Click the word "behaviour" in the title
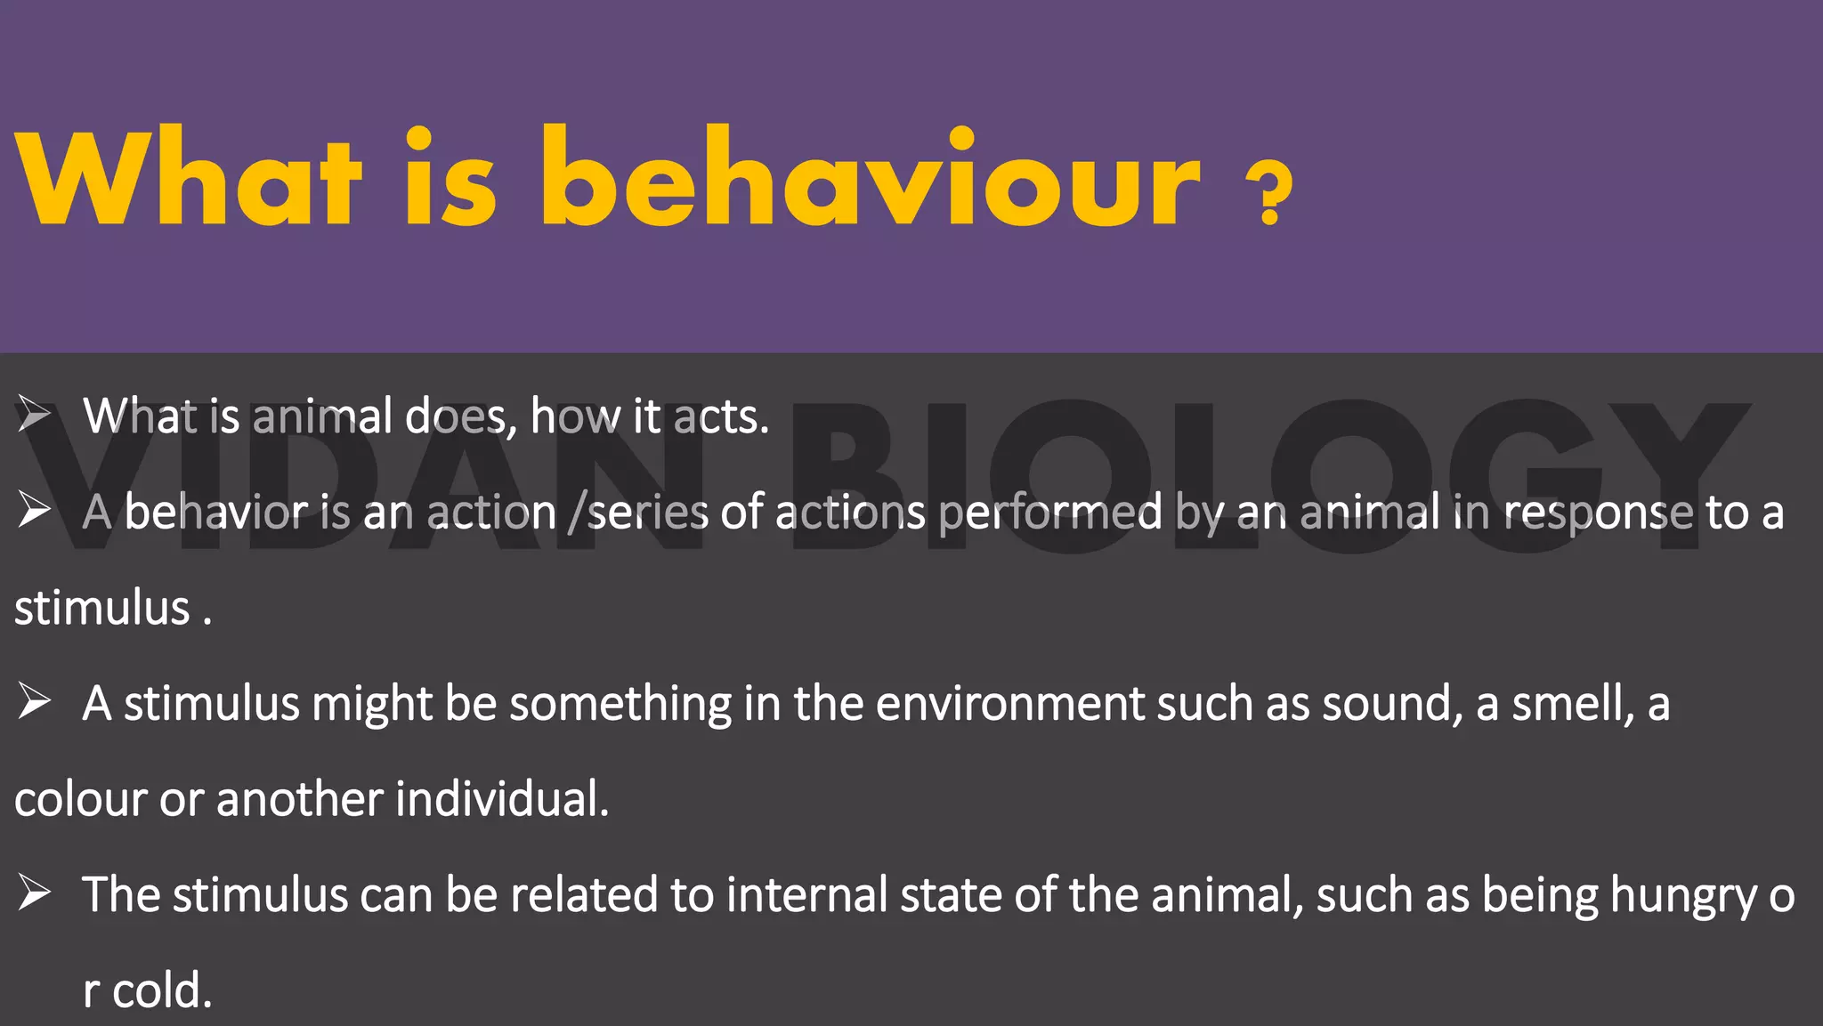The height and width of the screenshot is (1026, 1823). [x=871, y=178]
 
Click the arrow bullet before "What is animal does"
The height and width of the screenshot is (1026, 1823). [x=34, y=415]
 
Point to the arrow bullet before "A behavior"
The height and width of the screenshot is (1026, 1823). [x=34, y=511]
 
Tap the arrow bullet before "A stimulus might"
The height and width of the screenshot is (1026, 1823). [x=34, y=702]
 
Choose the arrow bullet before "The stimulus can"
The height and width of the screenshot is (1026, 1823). [x=34, y=893]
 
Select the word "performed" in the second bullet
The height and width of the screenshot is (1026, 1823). [x=1050, y=513]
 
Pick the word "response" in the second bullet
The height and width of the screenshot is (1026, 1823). [x=1598, y=513]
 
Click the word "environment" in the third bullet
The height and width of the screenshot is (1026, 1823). [x=1009, y=703]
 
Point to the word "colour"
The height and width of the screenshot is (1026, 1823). [x=80, y=798]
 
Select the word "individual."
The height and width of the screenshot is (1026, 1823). [x=502, y=798]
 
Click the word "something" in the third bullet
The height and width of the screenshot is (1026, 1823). [x=620, y=705]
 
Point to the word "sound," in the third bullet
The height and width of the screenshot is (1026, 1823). [x=1392, y=703]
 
